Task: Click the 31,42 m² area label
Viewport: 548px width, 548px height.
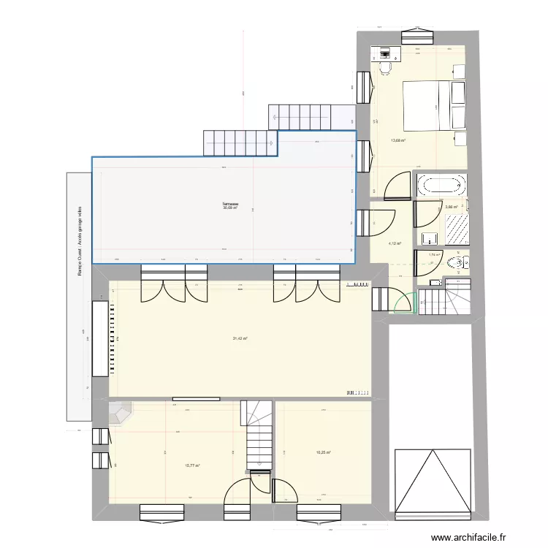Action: click(240, 338)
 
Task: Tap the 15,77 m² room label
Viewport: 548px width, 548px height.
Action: click(193, 465)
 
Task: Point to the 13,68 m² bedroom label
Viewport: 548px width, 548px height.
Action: click(398, 141)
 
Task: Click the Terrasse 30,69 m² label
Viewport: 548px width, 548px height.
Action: click(231, 206)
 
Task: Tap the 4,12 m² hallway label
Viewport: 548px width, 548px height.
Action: click(395, 244)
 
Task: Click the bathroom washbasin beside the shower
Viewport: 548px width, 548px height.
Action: click(429, 237)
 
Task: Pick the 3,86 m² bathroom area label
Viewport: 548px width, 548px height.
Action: click(451, 207)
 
